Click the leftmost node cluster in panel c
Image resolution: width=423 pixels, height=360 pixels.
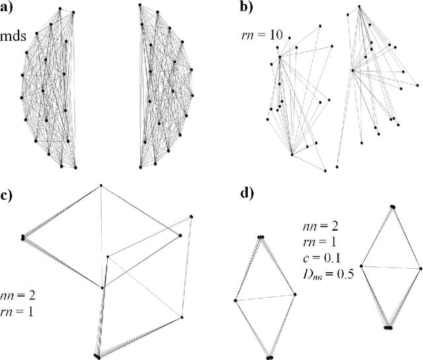[23, 236]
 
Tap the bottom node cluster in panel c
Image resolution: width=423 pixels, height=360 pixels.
[97, 356]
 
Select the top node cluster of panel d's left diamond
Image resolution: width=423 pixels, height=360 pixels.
[260, 237]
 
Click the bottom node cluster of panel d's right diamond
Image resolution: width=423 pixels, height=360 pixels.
[389, 327]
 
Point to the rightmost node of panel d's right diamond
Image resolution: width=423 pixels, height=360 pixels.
[420, 269]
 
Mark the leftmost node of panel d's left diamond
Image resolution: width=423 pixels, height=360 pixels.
[236, 301]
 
